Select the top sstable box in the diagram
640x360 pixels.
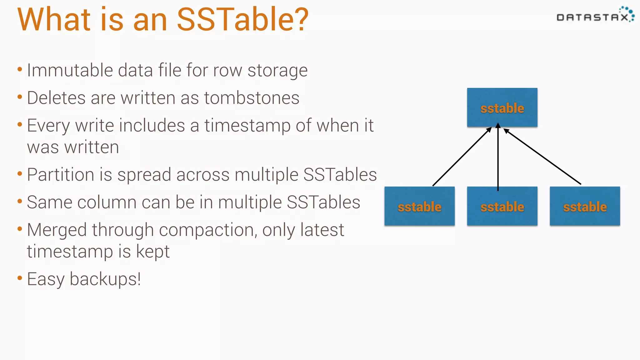pos(502,107)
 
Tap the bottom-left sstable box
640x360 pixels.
pos(419,206)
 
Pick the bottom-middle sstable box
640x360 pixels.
pos(502,206)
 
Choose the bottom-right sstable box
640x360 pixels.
pos(585,206)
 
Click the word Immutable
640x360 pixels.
pos(70,70)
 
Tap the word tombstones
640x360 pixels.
pos(252,98)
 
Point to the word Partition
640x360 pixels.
pos(60,174)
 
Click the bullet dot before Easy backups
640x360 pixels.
pos(20,277)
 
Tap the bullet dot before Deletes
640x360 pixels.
pos(20,97)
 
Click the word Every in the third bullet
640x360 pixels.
pos(48,126)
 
